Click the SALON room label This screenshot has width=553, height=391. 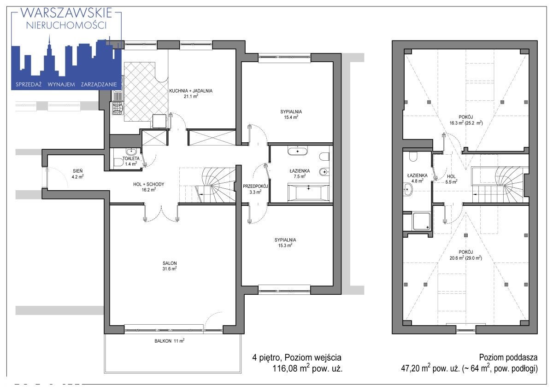[170, 263]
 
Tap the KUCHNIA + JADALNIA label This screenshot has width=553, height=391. [191, 91]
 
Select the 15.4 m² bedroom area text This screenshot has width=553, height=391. [291, 117]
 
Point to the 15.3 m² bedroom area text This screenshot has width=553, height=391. [285, 245]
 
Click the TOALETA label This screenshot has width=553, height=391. [131, 158]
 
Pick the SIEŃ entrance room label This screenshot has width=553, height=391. [78, 171]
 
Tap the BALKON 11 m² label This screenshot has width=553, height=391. [170, 341]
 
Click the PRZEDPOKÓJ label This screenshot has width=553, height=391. [255, 186]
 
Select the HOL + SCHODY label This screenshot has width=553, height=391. [148, 184]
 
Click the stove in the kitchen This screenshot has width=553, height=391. [118, 108]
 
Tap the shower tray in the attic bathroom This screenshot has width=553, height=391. [421, 221]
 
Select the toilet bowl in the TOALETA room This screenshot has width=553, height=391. [119, 162]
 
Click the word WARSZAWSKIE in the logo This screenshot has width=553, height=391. [66, 13]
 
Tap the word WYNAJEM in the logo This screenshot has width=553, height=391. [61, 85]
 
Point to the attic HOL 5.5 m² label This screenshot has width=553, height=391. [451, 179]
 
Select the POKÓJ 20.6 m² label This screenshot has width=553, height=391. [465, 255]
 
